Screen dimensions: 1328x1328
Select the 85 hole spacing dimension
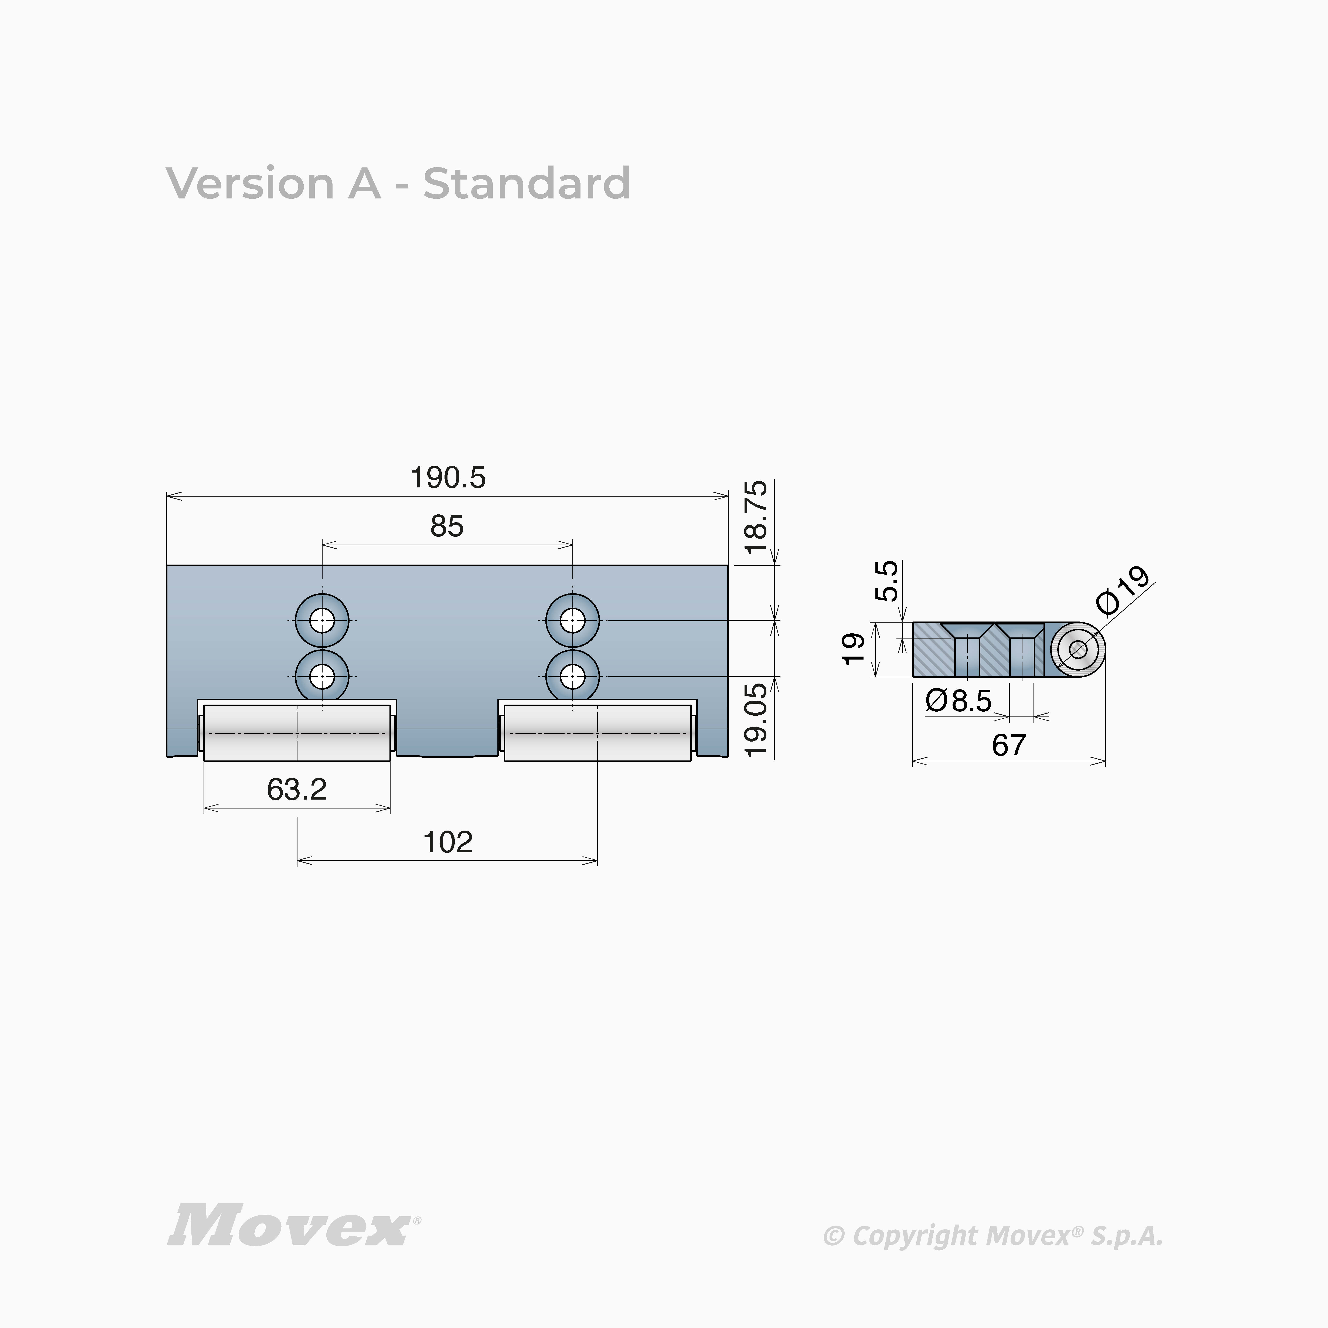[447, 527]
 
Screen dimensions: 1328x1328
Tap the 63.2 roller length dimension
[297, 790]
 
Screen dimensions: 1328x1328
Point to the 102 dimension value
[447, 842]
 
